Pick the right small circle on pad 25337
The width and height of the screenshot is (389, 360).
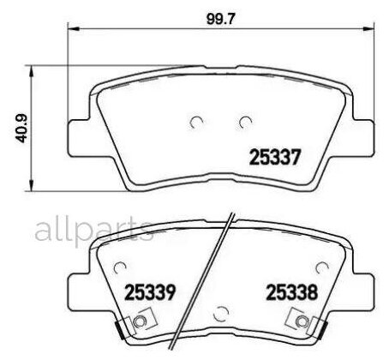click(x=246, y=121)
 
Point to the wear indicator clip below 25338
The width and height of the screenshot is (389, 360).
click(x=302, y=324)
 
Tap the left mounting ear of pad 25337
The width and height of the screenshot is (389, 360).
click(x=79, y=134)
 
